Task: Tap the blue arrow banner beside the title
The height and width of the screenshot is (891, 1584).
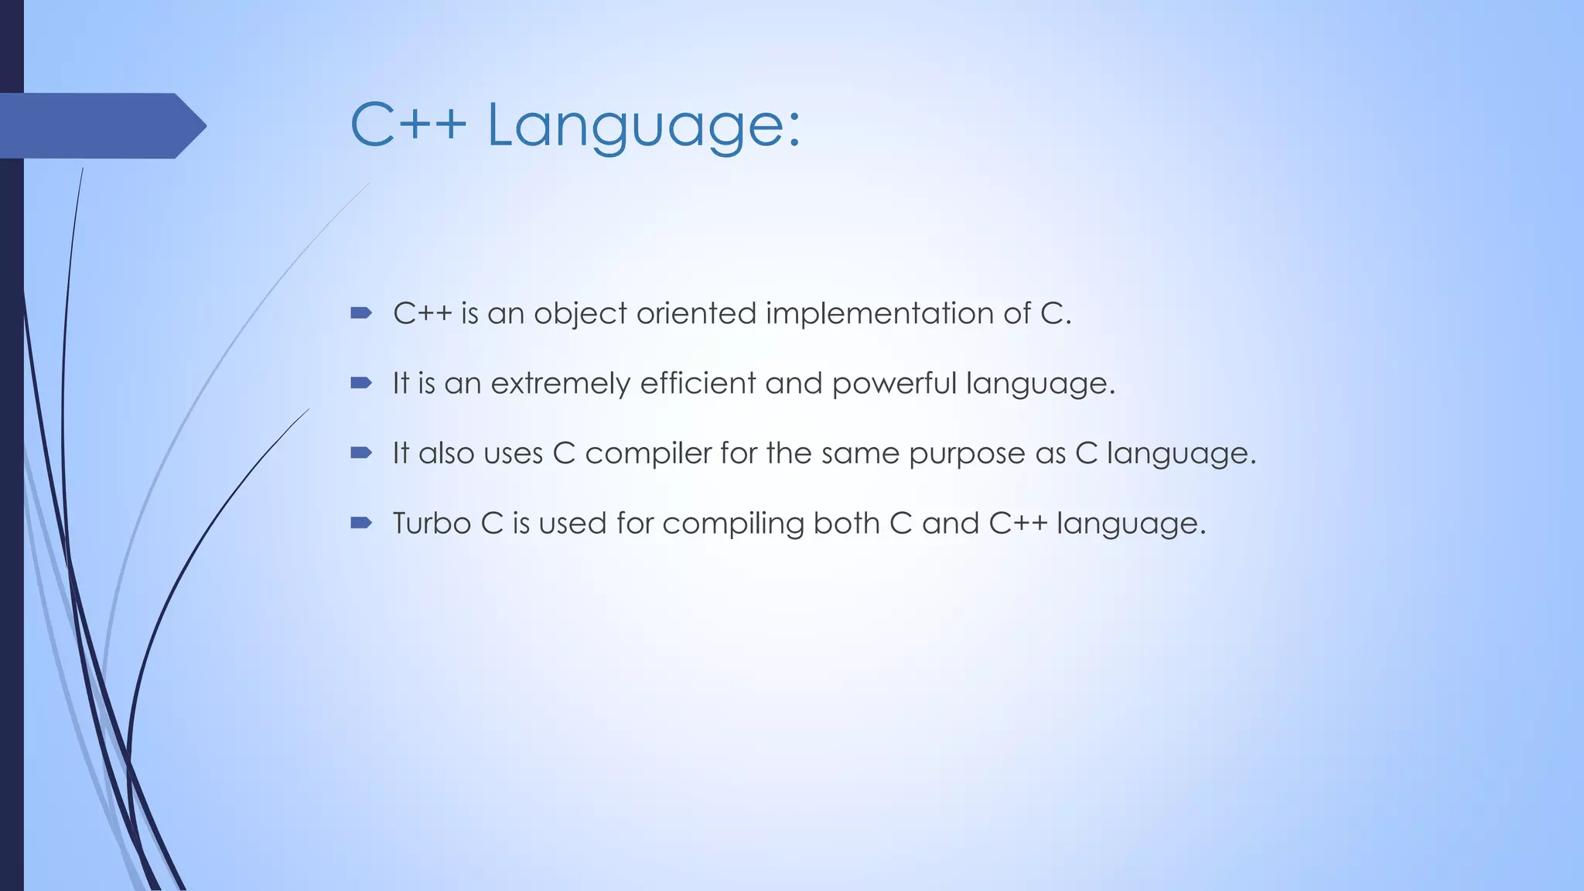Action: point(101,126)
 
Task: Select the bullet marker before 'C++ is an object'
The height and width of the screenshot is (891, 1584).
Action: point(360,313)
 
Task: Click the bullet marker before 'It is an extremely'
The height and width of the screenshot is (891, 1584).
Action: point(360,383)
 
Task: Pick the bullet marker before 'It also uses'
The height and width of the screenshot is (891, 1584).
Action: point(360,452)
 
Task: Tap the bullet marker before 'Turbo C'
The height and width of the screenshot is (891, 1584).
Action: point(360,523)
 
